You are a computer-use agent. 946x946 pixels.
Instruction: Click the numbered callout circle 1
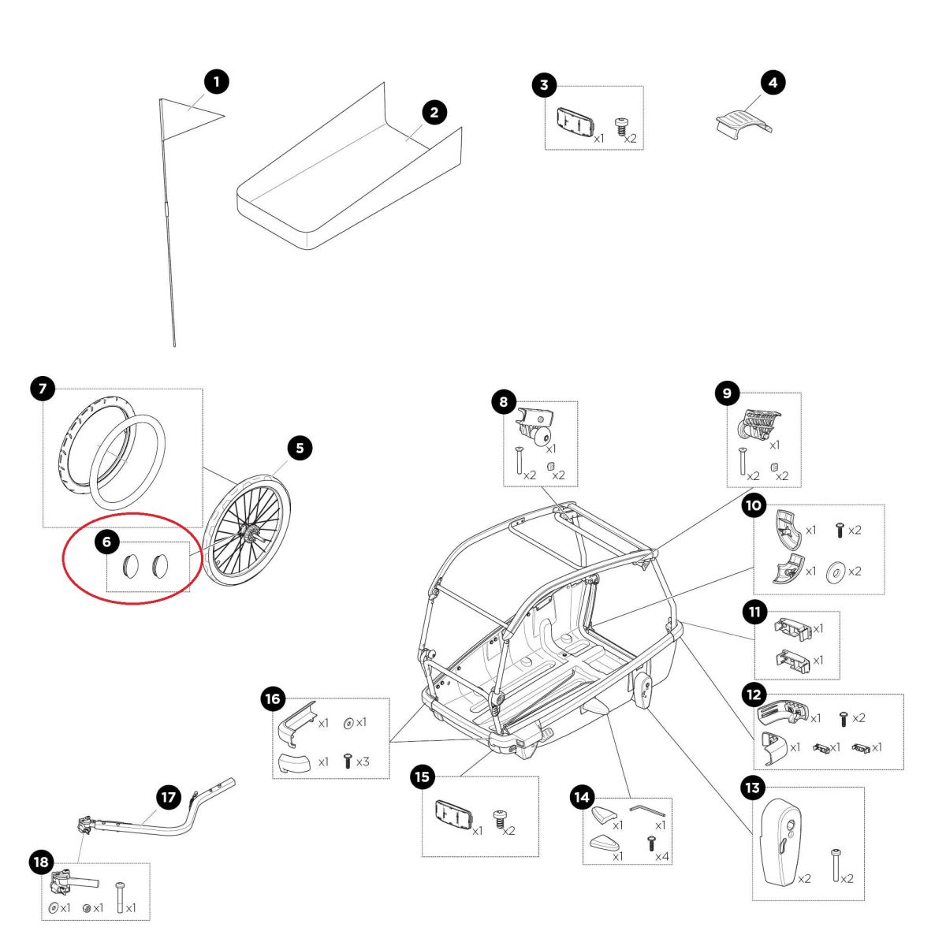(217, 81)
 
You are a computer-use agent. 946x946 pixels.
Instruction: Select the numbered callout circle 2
(434, 112)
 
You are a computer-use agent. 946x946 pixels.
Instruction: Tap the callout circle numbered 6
(106, 542)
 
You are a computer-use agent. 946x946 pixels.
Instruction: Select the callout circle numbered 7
(43, 388)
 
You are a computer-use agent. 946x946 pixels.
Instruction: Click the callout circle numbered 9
(727, 393)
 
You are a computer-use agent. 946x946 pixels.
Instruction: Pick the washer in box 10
(834, 571)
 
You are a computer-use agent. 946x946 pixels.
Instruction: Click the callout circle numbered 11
(754, 611)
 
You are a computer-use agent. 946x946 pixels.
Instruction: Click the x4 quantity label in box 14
(661, 856)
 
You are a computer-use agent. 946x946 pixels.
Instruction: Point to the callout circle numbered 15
(423, 777)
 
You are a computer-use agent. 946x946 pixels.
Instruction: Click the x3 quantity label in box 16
(363, 762)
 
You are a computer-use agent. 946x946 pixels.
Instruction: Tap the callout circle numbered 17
(169, 797)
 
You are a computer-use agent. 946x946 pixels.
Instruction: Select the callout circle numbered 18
(42, 862)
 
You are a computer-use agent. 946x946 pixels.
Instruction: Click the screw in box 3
(622, 127)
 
